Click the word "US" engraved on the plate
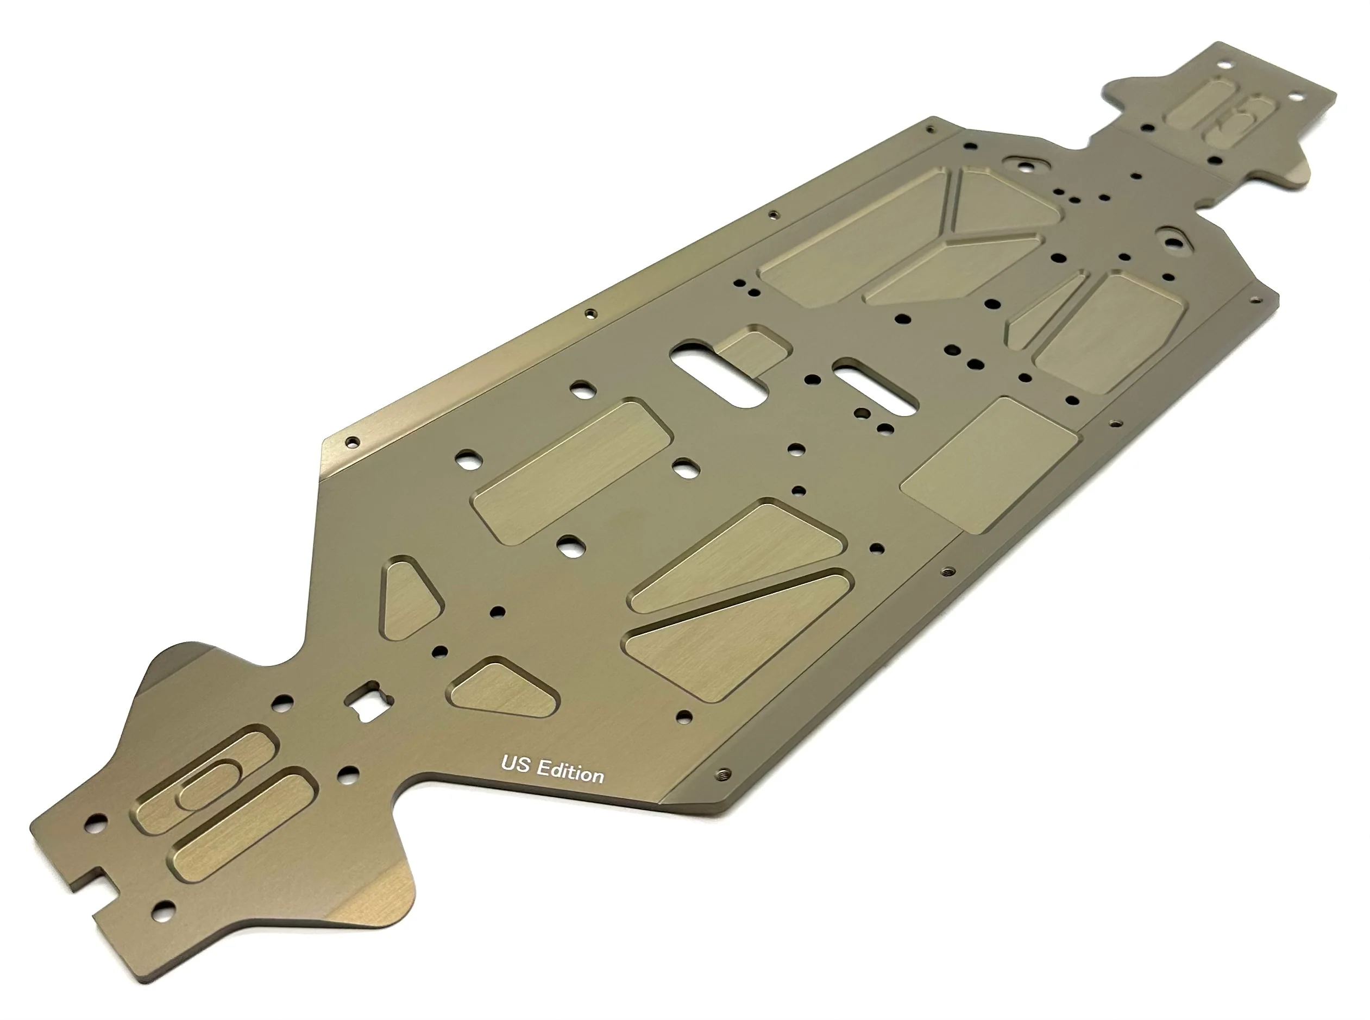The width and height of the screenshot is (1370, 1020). click(x=516, y=764)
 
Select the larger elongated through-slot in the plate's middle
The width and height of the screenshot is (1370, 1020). click(x=719, y=372)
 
